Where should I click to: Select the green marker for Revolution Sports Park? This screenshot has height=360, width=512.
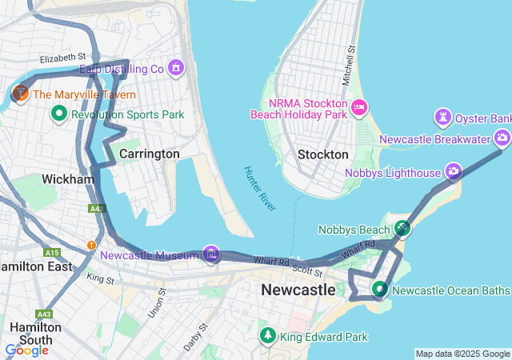[x=58, y=114]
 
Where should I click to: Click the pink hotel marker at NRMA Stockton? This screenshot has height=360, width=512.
[x=359, y=106]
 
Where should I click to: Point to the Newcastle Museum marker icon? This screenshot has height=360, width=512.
[x=211, y=254]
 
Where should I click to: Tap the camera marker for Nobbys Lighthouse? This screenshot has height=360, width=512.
[x=454, y=171]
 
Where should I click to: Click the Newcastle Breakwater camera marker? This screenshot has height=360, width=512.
[x=502, y=138]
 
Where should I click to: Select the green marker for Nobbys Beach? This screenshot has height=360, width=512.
[x=403, y=229]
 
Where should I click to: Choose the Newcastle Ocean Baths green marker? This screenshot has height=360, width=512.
[x=380, y=289]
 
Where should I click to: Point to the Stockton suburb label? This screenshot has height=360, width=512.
[x=322, y=154]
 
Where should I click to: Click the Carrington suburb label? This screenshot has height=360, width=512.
[x=149, y=153]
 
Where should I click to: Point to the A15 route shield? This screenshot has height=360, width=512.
[x=53, y=252]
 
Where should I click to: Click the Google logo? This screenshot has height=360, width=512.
[x=27, y=350]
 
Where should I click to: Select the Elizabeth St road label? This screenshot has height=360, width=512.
[x=62, y=58]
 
